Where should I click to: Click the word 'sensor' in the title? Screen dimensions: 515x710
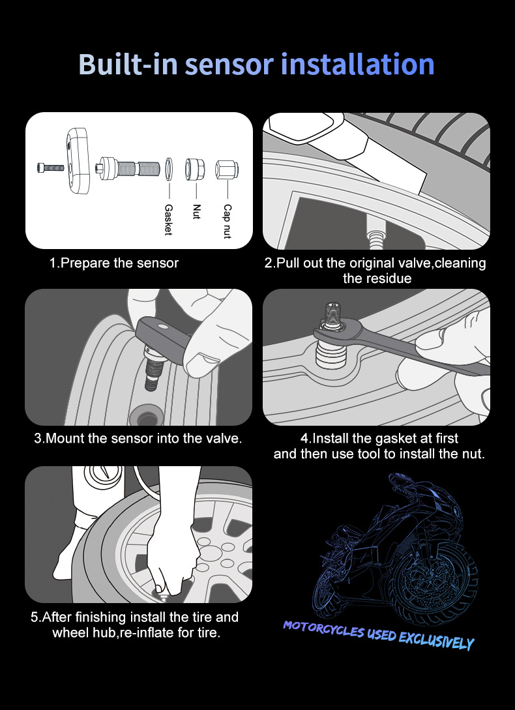coord(229,65)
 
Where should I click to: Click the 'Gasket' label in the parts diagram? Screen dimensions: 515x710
coord(168,219)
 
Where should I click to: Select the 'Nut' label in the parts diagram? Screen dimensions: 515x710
coord(196,211)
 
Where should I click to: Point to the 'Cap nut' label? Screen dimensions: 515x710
coord(228,222)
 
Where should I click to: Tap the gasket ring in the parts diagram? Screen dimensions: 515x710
coord(169,168)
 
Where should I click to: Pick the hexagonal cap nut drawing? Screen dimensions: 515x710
coord(226,170)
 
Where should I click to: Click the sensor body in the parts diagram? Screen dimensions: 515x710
coord(78,161)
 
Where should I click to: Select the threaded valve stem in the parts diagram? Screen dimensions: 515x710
coord(128,168)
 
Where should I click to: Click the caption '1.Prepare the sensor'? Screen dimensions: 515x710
coord(114,263)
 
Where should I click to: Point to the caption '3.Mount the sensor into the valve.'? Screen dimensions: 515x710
coord(138,438)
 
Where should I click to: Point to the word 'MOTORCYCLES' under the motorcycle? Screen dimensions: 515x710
coord(324,629)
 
